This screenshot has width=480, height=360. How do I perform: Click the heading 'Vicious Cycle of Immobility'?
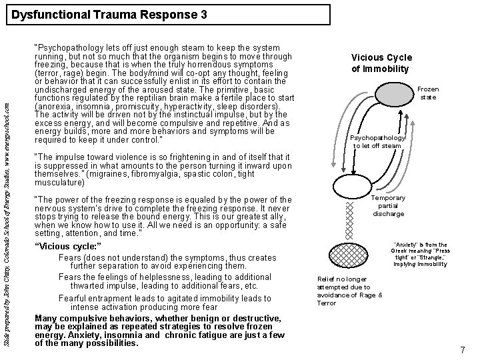point(381,63)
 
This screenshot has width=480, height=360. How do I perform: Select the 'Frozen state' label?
point(428,93)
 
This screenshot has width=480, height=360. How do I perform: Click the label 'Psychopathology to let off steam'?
point(377,141)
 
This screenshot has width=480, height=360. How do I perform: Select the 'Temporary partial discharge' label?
point(389,206)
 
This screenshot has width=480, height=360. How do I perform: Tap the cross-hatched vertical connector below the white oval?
point(347,221)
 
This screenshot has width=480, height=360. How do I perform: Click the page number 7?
point(463,350)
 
